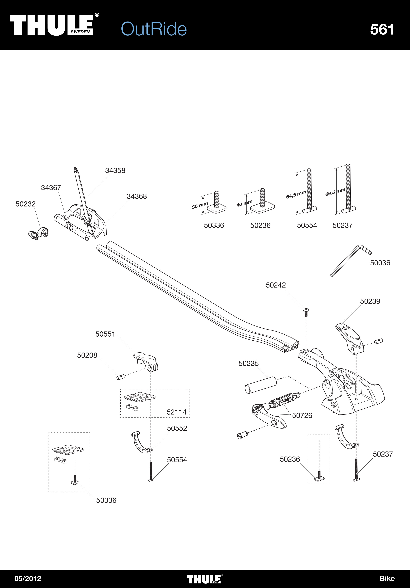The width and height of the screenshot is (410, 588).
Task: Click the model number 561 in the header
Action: (x=382, y=29)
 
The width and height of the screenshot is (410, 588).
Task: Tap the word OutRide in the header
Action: (x=154, y=29)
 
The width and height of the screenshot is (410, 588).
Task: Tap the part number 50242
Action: (x=276, y=285)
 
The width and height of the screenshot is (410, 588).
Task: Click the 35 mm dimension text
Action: (x=200, y=205)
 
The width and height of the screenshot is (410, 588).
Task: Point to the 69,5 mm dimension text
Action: (x=335, y=192)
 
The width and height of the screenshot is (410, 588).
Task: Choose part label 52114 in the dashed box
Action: (x=176, y=412)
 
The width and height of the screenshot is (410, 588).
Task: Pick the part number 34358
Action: (x=115, y=171)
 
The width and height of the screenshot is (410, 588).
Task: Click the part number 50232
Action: (x=25, y=204)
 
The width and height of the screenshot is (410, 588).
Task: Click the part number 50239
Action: (x=370, y=301)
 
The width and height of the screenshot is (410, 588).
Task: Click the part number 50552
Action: (x=177, y=428)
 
